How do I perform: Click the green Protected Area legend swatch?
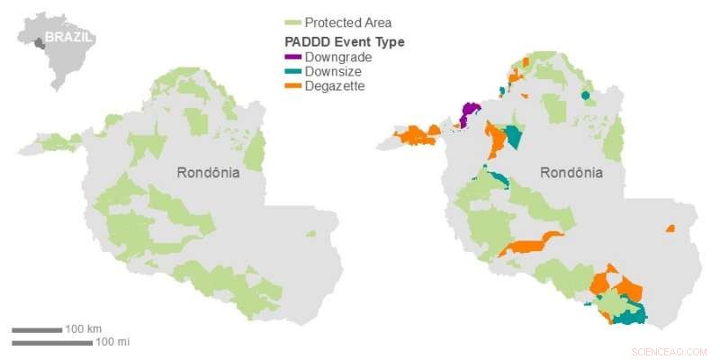[292, 22]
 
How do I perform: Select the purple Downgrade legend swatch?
[292, 57]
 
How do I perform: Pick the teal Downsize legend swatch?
[292, 71]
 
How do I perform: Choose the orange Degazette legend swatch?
[292, 85]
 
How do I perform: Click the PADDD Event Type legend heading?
[344, 41]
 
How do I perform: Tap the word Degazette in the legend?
[335, 85]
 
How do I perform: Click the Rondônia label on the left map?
[208, 173]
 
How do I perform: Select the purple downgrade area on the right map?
[468, 113]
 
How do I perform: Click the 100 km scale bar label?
[84, 329]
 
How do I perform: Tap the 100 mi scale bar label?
[112, 342]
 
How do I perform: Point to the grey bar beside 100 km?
[37, 329]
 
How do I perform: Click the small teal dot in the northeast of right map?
[586, 95]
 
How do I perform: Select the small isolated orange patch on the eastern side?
[670, 229]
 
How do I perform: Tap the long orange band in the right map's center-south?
[531, 244]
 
